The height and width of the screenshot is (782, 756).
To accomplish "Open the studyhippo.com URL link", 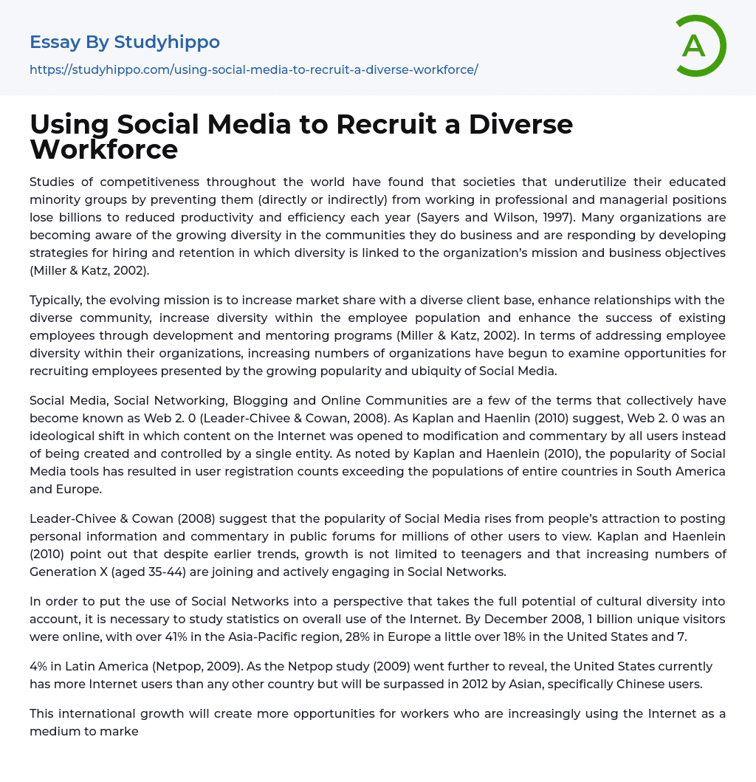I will (253, 69).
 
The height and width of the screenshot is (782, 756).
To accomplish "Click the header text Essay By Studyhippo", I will (125, 42).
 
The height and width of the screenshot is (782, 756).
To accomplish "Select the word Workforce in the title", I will (103, 150).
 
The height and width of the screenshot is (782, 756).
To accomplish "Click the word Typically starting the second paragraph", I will (58, 300).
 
